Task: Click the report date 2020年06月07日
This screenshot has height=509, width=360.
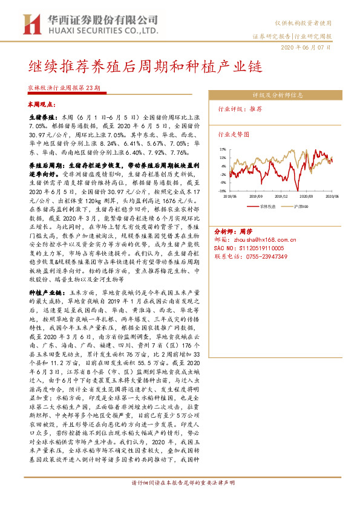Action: coord(307,47)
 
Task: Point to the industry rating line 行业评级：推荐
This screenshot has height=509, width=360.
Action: coord(240,109)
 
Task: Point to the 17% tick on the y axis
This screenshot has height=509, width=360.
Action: coord(223,149)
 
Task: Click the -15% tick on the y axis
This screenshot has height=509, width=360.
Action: coord(222,190)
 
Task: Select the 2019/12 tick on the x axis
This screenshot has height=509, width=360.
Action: coord(281,196)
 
